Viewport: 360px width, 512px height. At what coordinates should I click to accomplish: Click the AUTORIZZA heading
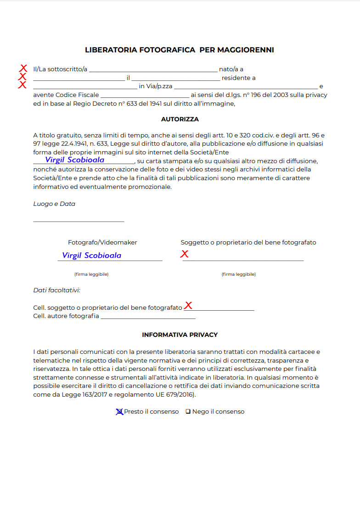tap(180, 119)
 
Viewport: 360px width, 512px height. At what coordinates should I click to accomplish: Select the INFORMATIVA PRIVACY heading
tap(180, 335)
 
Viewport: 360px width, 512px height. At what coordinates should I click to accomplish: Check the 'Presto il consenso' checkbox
tap(119, 412)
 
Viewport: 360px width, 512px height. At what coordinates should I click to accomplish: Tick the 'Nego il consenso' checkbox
tap(188, 412)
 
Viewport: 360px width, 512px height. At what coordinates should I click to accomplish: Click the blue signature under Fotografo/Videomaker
tap(92, 255)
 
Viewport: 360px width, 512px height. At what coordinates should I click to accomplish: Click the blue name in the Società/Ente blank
tap(75, 160)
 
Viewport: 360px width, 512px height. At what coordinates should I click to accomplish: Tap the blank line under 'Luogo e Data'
tap(79, 222)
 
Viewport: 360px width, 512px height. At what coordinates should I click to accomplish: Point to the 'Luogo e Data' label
tap(54, 204)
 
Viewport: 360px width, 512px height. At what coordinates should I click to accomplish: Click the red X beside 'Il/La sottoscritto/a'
tap(23, 68)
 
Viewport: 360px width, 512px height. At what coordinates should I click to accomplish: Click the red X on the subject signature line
tap(184, 254)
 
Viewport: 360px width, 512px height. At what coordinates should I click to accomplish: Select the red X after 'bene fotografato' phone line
tap(188, 306)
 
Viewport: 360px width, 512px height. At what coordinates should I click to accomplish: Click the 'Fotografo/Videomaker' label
tap(102, 243)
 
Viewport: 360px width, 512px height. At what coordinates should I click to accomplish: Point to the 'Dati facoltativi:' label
tap(57, 290)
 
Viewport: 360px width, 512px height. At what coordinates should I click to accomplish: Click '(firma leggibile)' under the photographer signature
tap(91, 274)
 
